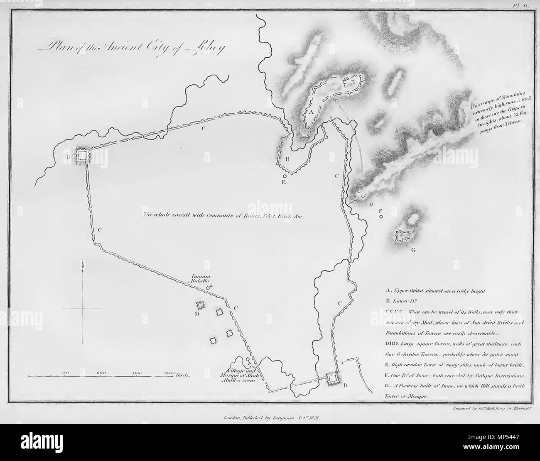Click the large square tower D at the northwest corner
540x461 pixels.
coord(83,156)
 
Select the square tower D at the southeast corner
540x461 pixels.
coord(333,378)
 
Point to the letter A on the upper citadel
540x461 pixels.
coord(309,111)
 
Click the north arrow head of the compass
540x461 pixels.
coord(83,264)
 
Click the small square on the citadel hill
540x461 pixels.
coord(337,101)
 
